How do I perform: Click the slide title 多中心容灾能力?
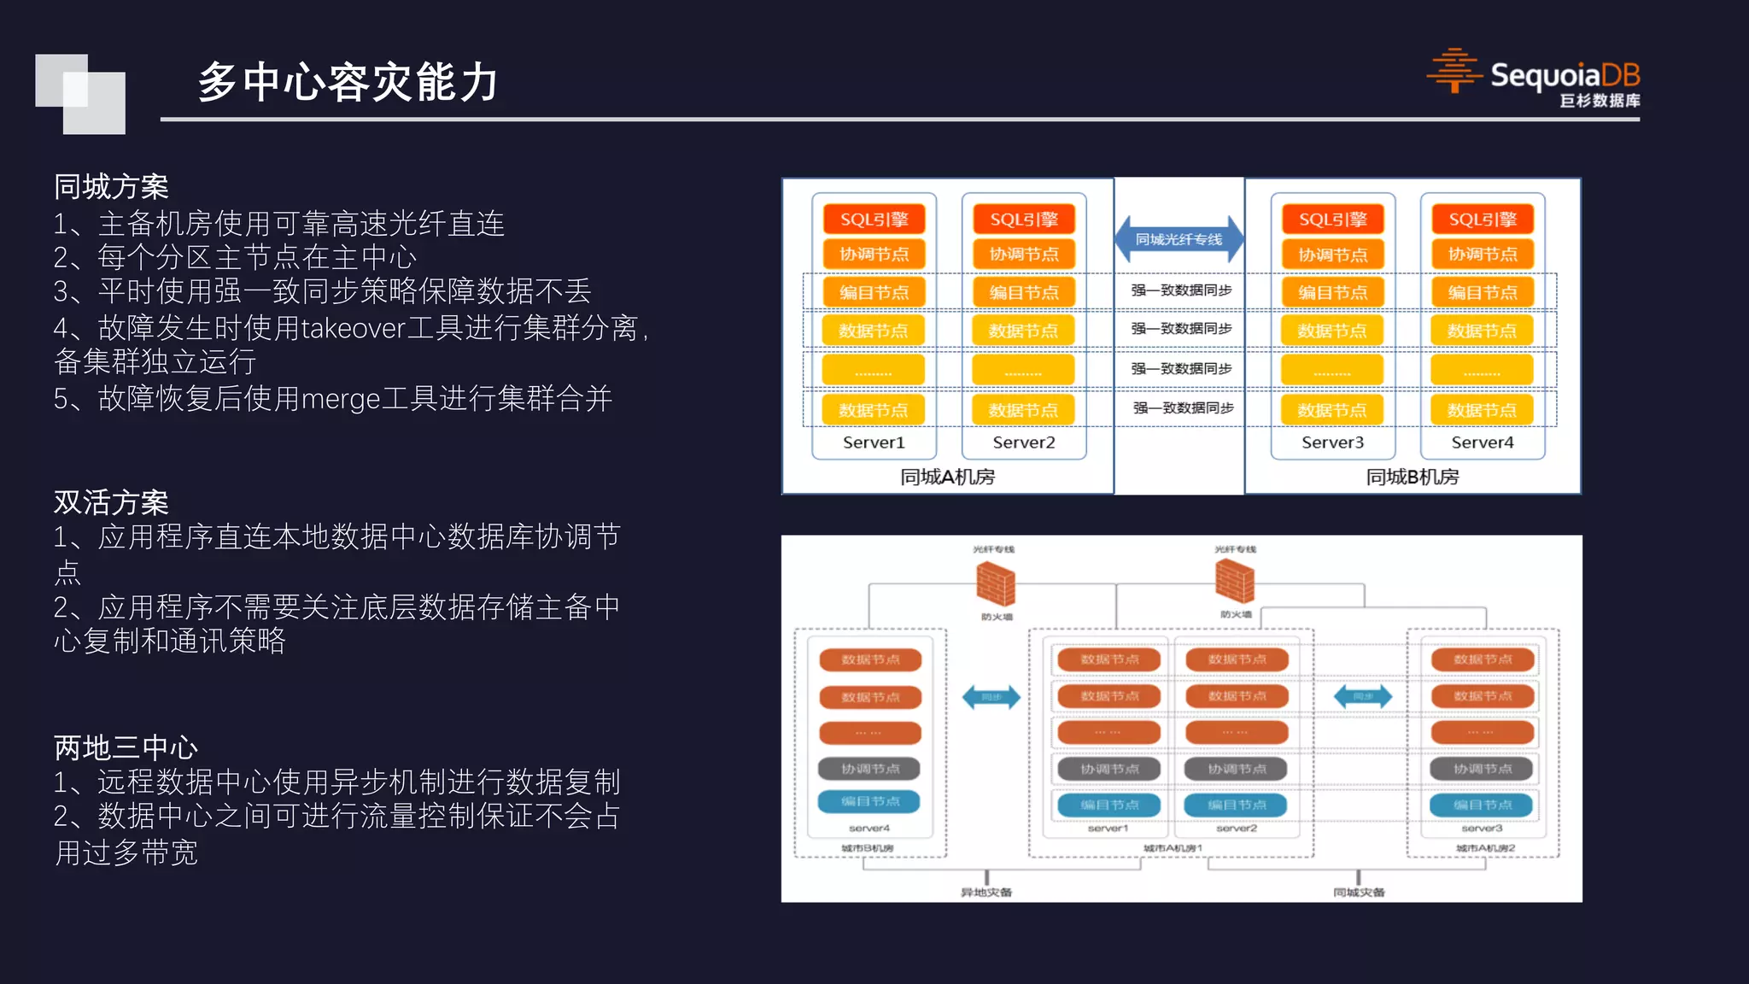pyautogui.click(x=348, y=83)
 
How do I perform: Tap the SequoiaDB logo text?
pyautogui.click(x=1565, y=75)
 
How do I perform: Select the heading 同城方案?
pyautogui.click(x=111, y=186)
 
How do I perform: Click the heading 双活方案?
pyautogui.click(x=111, y=502)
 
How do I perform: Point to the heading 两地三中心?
pyautogui.click(x=126, y=747)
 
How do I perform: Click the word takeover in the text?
pyautogui.click(x=353, y=328)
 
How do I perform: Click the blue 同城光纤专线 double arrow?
pyautogui.click(x=1179, y=240)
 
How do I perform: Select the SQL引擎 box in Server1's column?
pyautogui.click(x=874, y=220)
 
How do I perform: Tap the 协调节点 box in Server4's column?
pyautogui.click(x=1483, y=255)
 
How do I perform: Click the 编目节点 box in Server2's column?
pyautogui.click(x=1023, y=293)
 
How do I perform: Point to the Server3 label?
pyautogui.click(x=1332, y=442)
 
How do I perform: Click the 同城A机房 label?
pyautogui.click(x=947, y=477)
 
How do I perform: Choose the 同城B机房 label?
pyautogui.click(x=1413, y=477)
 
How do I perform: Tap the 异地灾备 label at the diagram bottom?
pyautogui.click(x=986, y=892)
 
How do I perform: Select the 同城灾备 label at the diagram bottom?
pyautogui.click(x=1359, y=892)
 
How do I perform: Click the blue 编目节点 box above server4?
pyautogui.click(x=870, y=801)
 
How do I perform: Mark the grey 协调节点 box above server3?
pyautogui.click(x=1483, y=769)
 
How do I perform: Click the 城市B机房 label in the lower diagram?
pyautogui.click(x=868, y=848)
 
